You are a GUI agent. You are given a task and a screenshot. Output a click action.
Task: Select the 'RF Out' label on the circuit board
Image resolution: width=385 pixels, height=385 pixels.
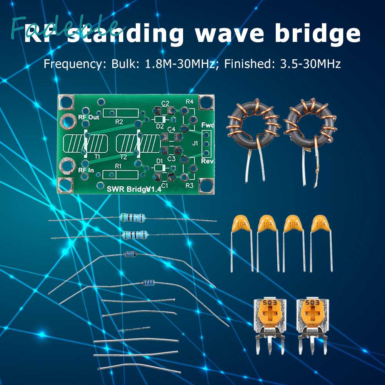coord(88,117)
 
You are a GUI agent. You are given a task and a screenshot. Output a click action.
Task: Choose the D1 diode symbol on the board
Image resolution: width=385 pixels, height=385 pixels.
coord(160,168)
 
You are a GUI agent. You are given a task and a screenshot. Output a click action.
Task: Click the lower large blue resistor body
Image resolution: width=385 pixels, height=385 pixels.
coord(135,234)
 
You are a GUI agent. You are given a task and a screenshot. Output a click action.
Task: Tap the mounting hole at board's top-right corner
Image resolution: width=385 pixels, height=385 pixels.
coord(206,102)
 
